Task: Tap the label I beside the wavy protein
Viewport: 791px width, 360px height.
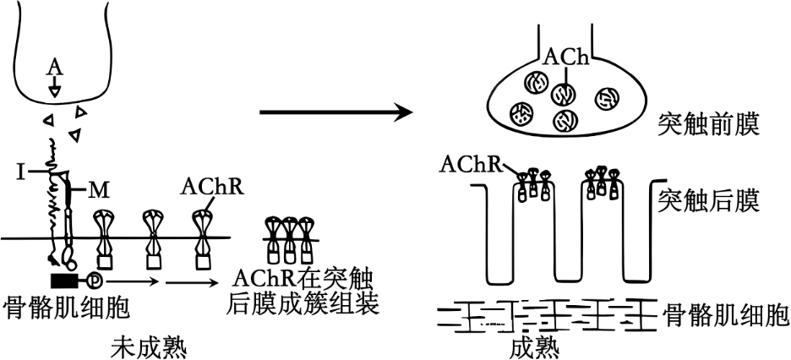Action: [x=20, y=172]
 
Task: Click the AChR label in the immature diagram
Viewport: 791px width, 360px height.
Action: [x=212, y=188]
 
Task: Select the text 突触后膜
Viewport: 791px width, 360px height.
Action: [x=708, y=202]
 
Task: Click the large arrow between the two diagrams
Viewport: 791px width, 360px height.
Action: [x=336, y=112]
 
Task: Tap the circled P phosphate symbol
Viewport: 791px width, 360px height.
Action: [x=95, y=278]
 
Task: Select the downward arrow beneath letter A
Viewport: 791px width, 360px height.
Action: [x=54, y=87]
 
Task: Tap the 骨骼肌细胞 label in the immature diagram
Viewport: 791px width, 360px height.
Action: [x=67, y=307]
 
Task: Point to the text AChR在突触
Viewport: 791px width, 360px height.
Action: [x=304, y=279]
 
